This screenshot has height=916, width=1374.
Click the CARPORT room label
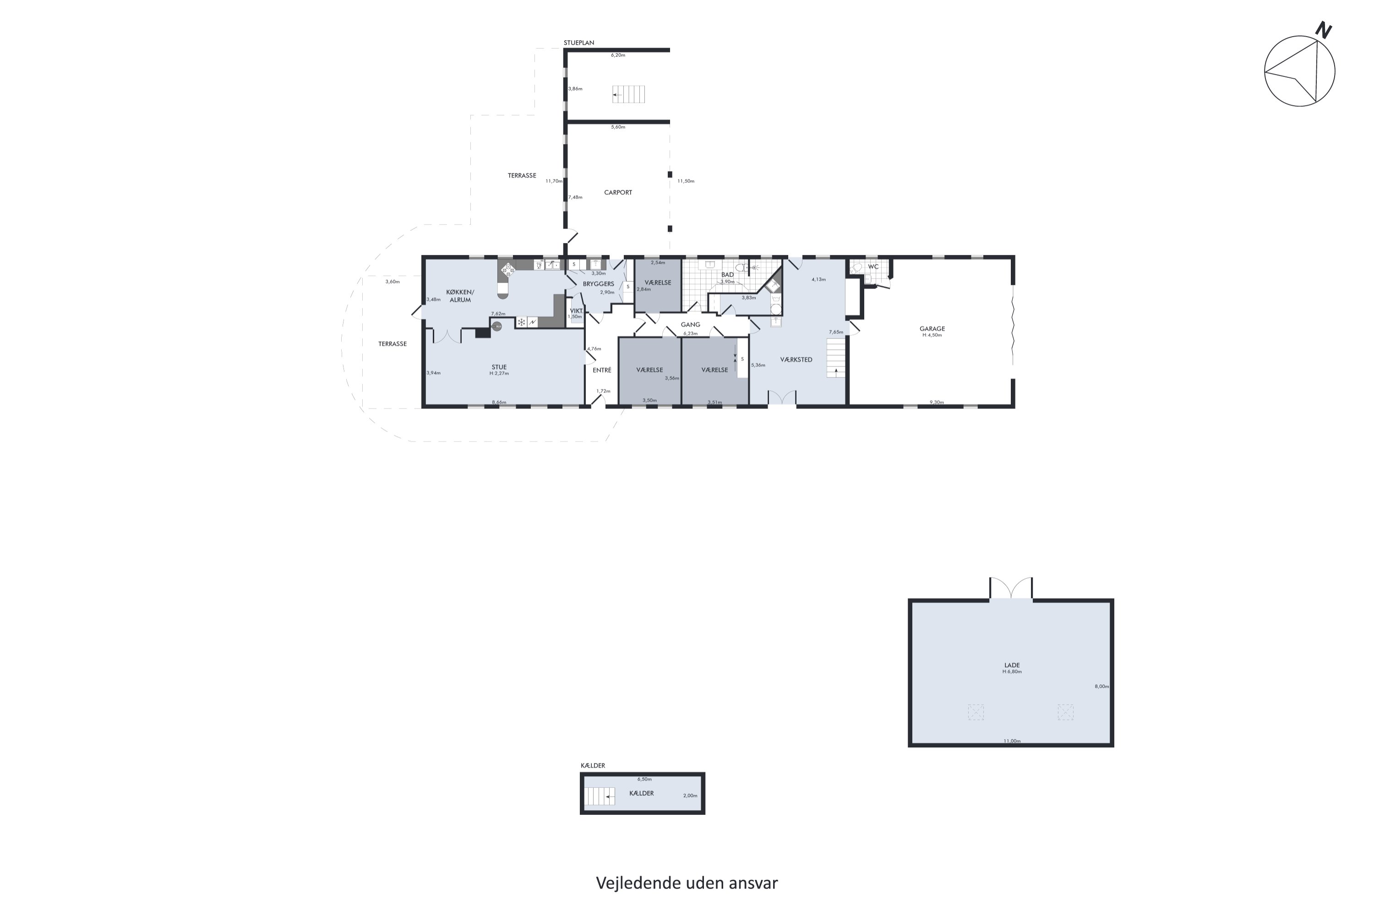pyautogui.click(x=617, y=192)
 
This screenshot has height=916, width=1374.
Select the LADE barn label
pyautogui.click(x=1012, y=665)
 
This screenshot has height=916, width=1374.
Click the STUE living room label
pyautogui.click(x=499, y=367)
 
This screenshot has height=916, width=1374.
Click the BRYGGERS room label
pyautogui.click(x=598, y=284)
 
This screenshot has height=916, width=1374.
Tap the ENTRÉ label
pyautogui.click(x=602, y=370)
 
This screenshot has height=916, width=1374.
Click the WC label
pyautogui.click(x=873, y=267)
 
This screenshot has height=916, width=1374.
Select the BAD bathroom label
pyautogui.click(x=727, y=274)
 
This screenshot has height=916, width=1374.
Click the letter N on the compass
pyautogui.click(x=1323, y=30)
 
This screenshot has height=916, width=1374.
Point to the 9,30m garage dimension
pyautogui.click(x=937, y=403)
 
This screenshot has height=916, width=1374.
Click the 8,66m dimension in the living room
pyautogui.click(x=499, y=403)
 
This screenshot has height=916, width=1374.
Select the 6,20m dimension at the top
pyautogui.click(x=618, y=55)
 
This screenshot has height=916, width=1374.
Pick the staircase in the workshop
pyautogui.click(x=836, y=359)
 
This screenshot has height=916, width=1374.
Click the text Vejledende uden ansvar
pyautogui.click(x=687, y=883)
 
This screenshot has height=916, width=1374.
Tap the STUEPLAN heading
pyautogui.click(x=579, y=43)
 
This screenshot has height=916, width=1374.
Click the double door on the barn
pyautogui.click(x=1011, y=588)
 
